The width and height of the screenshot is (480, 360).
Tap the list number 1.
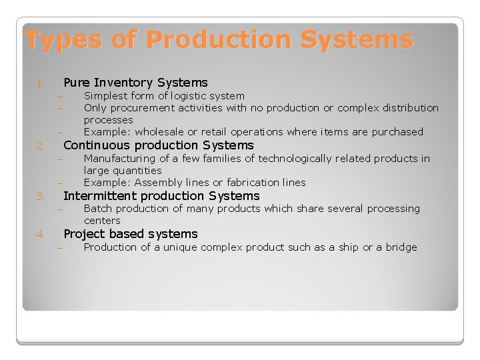pyautogui.click(x=40, y=84)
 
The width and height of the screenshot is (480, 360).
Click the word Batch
pyautogui.click(x=97, y=209)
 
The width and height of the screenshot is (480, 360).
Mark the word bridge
pyautogui.click(x=400, y=247)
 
